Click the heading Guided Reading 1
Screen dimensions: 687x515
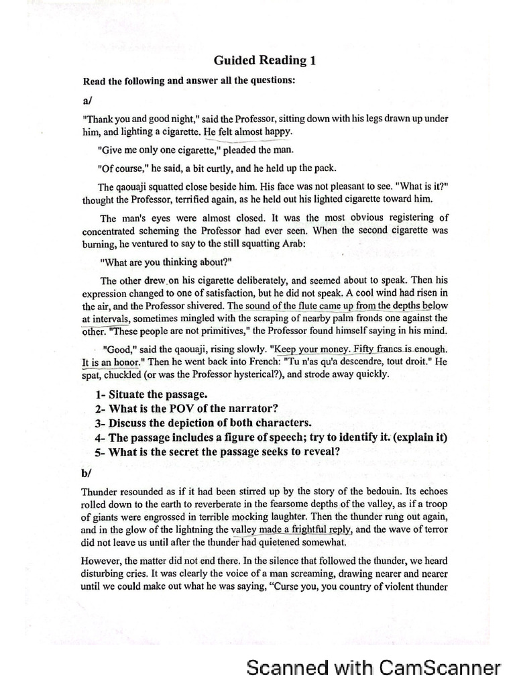point(265,60)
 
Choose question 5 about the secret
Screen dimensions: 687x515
point(217,452)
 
